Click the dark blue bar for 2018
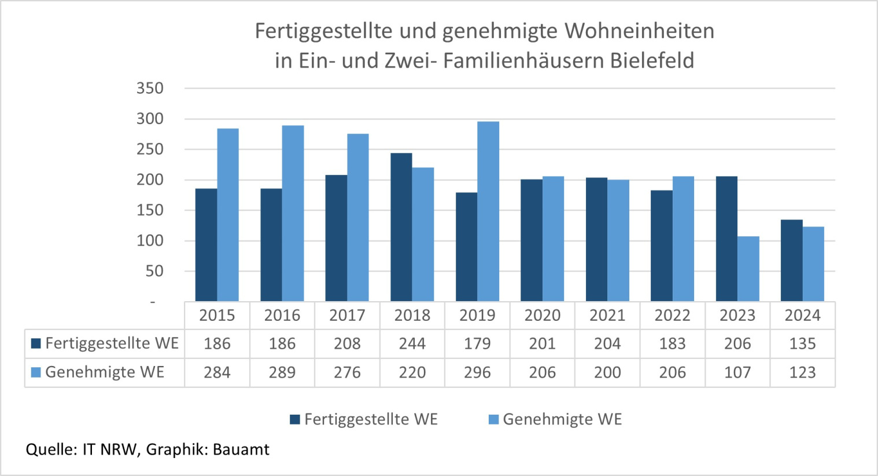(401, 227)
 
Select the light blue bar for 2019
(488, 211)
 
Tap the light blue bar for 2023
(748, 269)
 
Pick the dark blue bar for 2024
(791, 261)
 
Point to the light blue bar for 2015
(228, 215)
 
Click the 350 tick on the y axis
(150, 89)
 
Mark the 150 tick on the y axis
(150, 210)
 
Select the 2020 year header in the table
(542, 316)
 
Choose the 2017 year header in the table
(347, 316)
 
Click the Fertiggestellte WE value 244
(412, 344)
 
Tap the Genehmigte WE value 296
(477, 372)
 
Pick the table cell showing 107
(737, 372)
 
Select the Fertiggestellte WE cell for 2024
(802, 344)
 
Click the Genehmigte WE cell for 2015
(217, 372)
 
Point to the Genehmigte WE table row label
(104, 372)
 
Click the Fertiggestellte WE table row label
(111, 343)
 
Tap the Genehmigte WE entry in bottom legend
(562, 419)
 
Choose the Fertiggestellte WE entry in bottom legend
(370, 419)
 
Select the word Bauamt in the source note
(241, 449)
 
